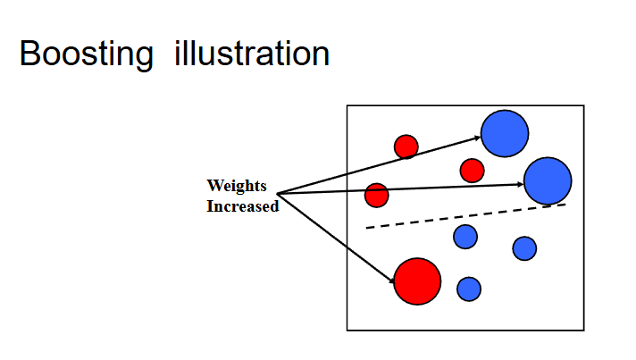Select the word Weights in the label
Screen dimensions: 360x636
[237, 186]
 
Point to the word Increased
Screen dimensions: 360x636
[243, 206]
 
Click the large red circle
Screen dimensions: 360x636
[417, 280]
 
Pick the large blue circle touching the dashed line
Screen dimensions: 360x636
[547, 180]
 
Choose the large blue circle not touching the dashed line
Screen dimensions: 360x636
[505, 132]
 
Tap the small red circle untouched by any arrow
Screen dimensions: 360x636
[472, 170]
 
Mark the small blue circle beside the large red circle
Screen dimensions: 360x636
[469, 289]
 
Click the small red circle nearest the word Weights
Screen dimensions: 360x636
[377, 194]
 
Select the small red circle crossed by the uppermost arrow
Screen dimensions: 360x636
[406, 146]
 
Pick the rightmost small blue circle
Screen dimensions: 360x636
[524, 247]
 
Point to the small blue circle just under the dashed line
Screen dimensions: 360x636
[464, 237]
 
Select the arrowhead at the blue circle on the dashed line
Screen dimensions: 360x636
[520, 184]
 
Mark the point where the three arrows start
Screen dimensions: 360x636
[278, 193]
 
